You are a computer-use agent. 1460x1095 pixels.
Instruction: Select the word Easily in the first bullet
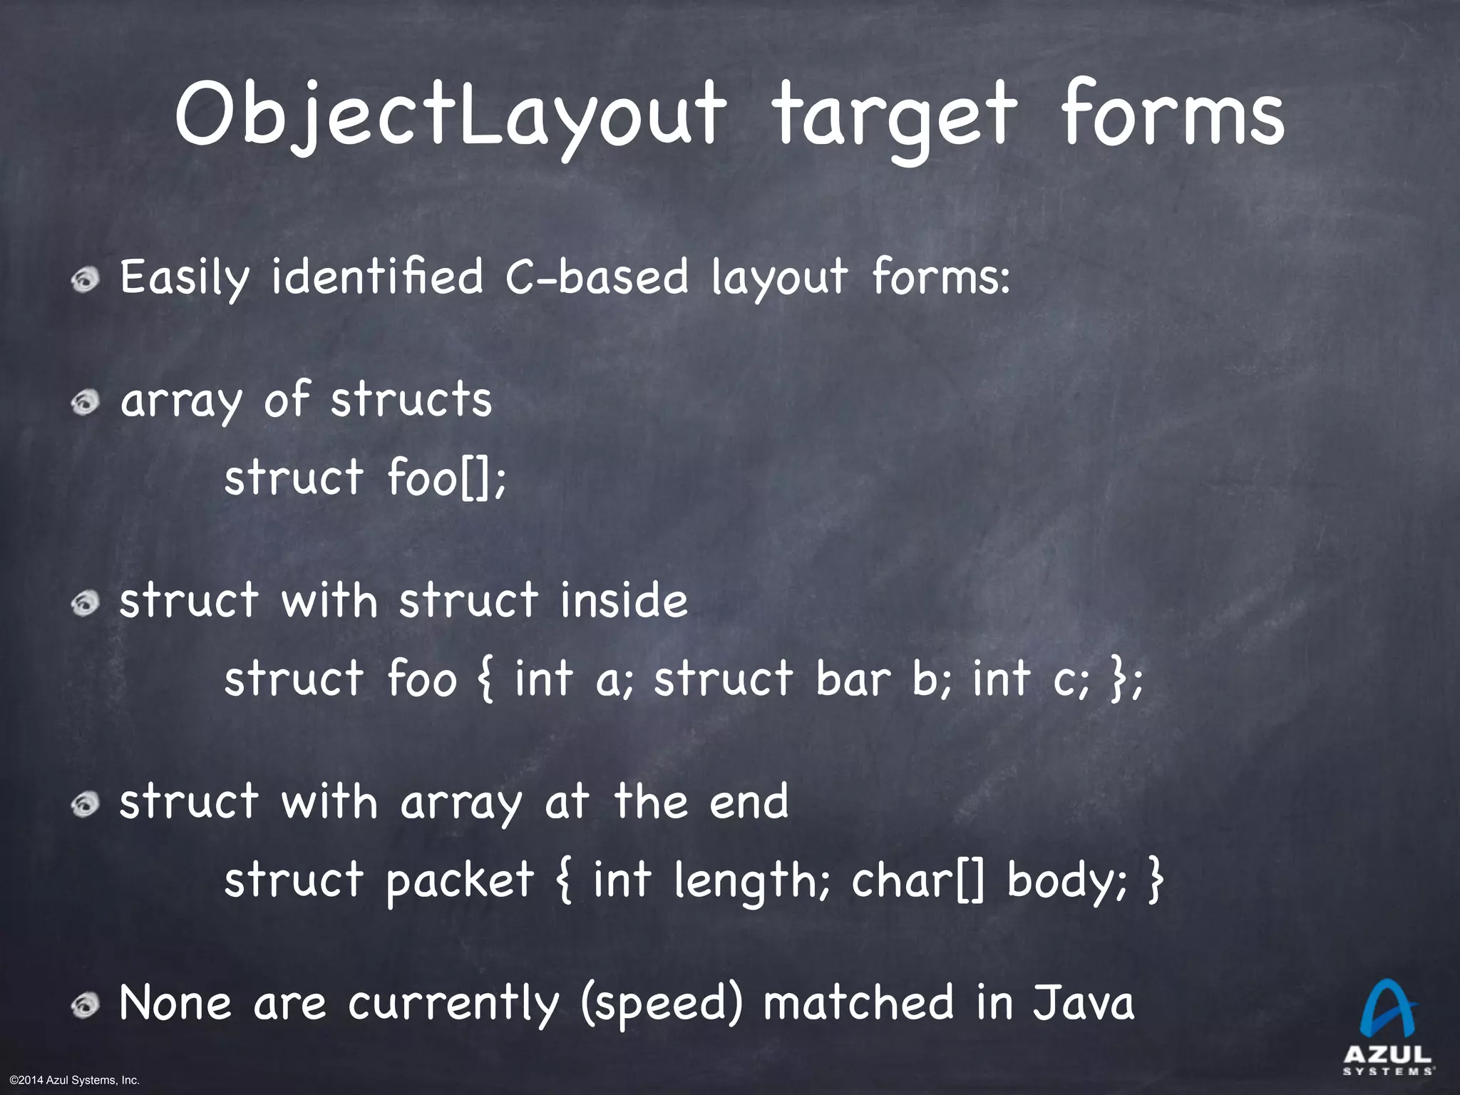pyautogui.click(x=185, y=278)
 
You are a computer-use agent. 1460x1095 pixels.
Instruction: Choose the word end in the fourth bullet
pyautogui.click(x=749, y=801)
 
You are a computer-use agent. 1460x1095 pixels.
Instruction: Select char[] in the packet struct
pyautogui.click(x=919, y=880)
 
